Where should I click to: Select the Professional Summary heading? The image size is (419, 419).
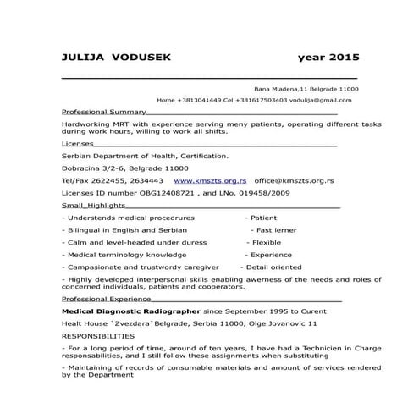tap(104, 112)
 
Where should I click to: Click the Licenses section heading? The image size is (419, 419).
tap(78, 144)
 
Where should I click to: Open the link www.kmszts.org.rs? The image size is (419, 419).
tap(210, 180)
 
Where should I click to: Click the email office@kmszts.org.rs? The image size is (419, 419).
tap(294, 180)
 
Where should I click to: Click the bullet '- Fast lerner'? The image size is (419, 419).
tap(273, 229)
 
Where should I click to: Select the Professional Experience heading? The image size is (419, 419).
tap(107, 300)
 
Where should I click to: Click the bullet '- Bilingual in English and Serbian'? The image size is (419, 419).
tap(125, 229)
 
